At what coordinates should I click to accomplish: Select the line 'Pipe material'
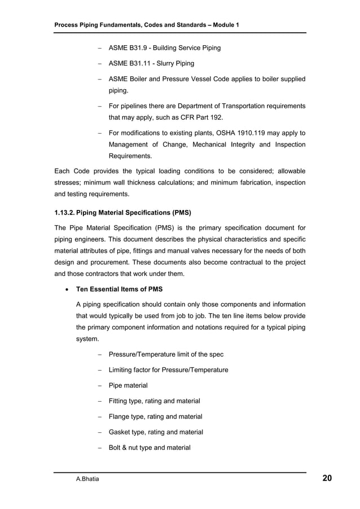coord(128,385)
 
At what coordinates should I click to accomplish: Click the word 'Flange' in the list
coord(120,416)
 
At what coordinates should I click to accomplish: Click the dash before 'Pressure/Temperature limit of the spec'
coord(99,354)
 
